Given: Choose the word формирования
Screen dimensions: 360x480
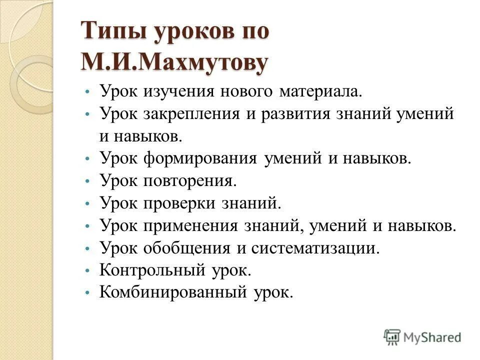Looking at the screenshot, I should [x=200, y=159].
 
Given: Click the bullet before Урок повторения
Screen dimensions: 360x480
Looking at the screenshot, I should [x=87, y=182].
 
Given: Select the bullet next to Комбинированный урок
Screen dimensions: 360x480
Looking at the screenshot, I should [x=87, y=293].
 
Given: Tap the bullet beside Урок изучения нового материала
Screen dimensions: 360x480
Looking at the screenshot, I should [x=87, y=93].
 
